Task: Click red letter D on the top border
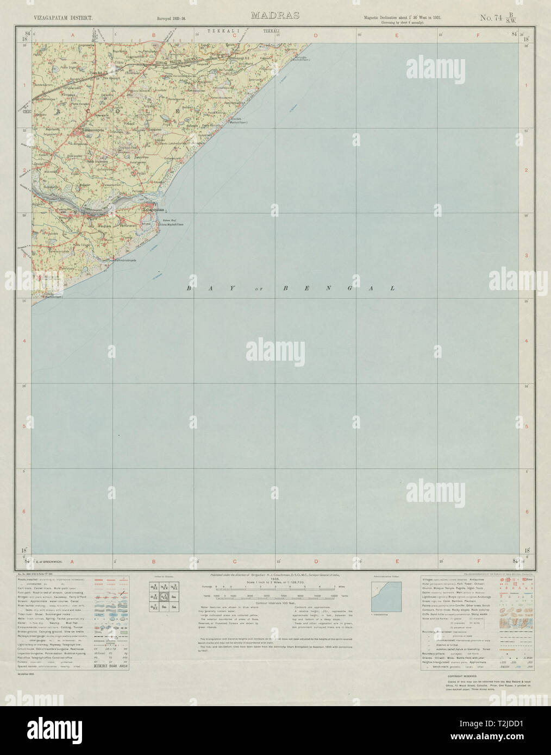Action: [316, 36]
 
